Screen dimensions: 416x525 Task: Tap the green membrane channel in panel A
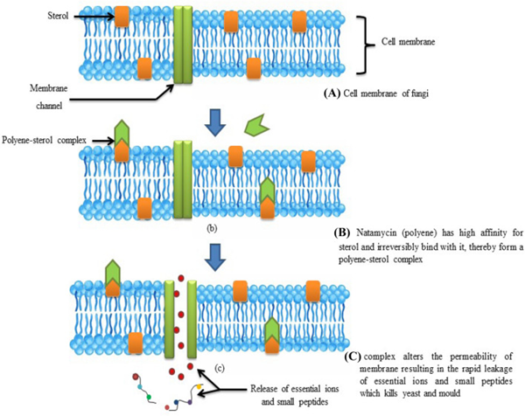click(185, 45)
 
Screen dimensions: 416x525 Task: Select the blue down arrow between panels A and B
click(213, 122)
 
